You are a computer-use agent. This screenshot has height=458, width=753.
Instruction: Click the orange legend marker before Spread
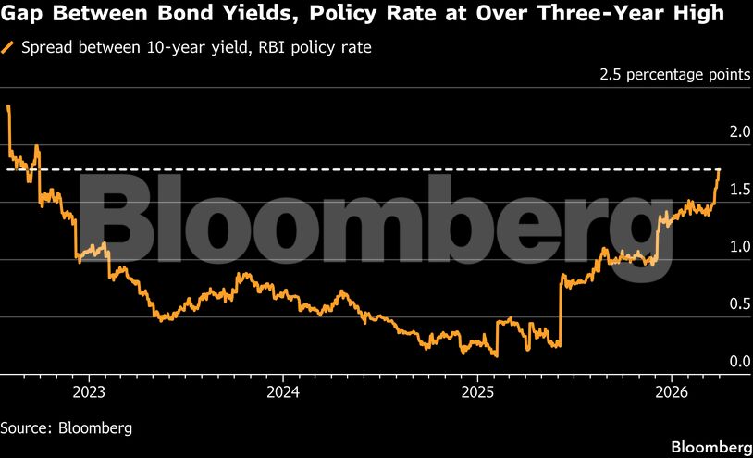point(8,47)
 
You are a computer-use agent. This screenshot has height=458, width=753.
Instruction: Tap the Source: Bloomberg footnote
point(66,427)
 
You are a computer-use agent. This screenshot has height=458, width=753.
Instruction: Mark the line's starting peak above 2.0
point(7,106)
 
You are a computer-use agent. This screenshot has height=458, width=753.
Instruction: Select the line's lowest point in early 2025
point(496,354)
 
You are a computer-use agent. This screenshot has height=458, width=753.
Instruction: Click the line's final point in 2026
point(719,170)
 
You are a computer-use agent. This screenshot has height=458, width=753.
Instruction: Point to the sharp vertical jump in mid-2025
point(562,310)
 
